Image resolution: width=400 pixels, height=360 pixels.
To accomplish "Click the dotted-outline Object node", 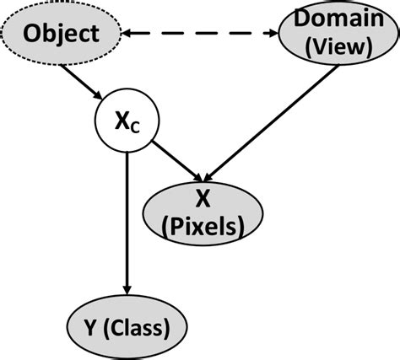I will [62, 35].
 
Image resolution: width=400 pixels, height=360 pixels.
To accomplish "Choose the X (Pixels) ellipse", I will [202, 211].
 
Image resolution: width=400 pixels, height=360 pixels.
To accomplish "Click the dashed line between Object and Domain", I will [198, 35].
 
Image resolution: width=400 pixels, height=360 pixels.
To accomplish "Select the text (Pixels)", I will [203, 225].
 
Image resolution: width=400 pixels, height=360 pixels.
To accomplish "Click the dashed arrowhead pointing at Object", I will [130, 35].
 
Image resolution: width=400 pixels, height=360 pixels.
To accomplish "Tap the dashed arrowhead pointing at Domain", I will [273, 35].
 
